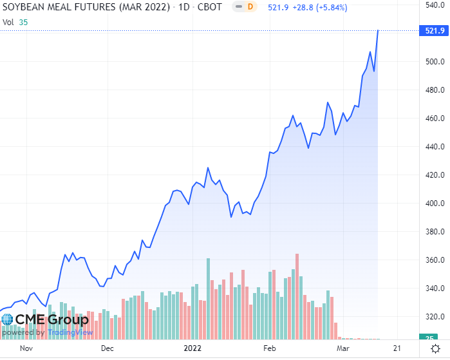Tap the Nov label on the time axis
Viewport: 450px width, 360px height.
pyautogui.click(x=26, y=348)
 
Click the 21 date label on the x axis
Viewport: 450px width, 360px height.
pyautogui.click(x=397, y=348)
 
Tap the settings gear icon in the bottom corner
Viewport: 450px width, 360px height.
pyautogui.click(x=435, y=348)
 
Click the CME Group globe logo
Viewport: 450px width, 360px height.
pyautogui.click(x=7, y=320)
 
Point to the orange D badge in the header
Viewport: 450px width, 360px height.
pyautogui.click(x=251, y=6)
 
